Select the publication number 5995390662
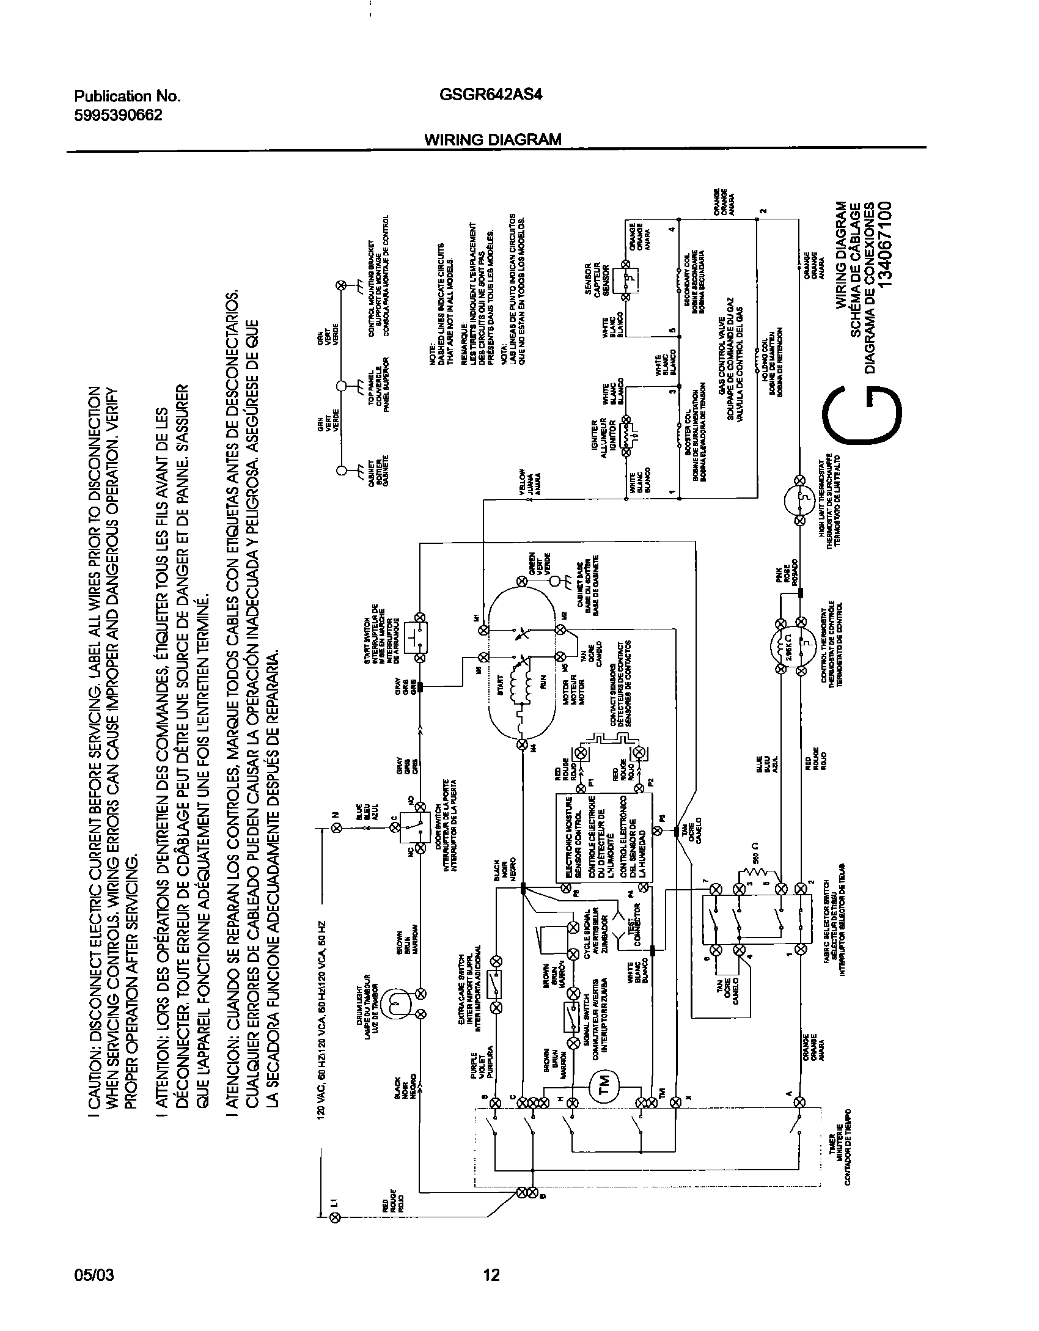(118, 116)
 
